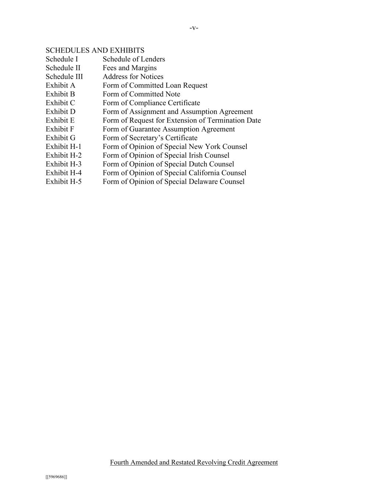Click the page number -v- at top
tap(194, 28)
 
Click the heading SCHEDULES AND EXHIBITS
tap(95, 50)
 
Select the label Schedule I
tap(62, 59)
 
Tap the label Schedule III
tap(64, 76)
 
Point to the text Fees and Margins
tap(129, 68)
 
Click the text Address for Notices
tap(133, 76)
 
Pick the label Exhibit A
tap(60, 85)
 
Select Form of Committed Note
tap(141, 94)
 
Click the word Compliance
tap(147, 103)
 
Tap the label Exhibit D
tap(60, 112)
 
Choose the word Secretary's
tap(146, 138)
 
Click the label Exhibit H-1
tap(64, 147)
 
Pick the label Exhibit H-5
tap(64, 182)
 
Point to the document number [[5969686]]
tap(56, 477)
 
